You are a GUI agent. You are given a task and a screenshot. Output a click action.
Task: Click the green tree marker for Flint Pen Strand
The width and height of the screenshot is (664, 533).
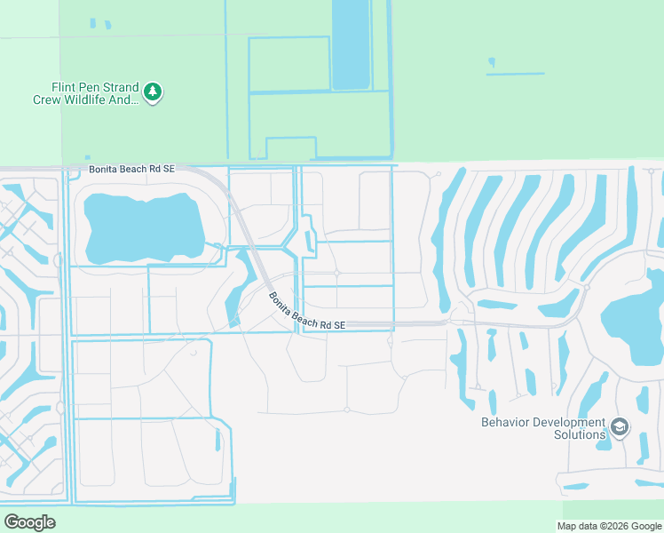click(154, 91)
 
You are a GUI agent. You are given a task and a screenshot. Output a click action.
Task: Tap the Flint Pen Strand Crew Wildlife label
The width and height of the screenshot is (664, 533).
click(86, 94)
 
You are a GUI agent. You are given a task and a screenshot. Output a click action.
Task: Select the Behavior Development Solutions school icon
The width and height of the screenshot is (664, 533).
click(619, 428)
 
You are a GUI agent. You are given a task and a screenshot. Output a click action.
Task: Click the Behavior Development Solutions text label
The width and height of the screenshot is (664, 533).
click(543, 428)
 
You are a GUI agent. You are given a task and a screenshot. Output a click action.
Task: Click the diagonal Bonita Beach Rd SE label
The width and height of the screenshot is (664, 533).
click(305, 312)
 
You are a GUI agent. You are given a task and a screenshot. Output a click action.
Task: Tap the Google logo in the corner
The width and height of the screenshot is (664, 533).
click(29, 522)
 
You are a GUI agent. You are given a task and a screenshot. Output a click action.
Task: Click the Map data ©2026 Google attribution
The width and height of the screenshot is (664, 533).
click(610, 526)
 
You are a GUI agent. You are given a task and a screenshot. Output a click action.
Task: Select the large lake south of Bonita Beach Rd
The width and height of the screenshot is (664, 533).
click(142, 227)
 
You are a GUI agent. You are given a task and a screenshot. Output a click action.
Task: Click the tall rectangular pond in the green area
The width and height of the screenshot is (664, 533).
click(351, 44)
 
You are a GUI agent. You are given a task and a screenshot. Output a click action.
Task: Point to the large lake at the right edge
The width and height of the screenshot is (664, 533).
click(634, 320)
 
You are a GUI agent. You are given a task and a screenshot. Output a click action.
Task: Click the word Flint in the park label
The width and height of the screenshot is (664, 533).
click(64, 88)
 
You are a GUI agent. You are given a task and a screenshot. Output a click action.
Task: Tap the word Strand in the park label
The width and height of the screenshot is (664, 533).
click(122, 88)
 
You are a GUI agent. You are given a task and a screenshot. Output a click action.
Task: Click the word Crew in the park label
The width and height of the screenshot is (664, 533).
click(47, 100)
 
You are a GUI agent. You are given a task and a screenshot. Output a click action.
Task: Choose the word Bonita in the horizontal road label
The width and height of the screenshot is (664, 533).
click(104, 169)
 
